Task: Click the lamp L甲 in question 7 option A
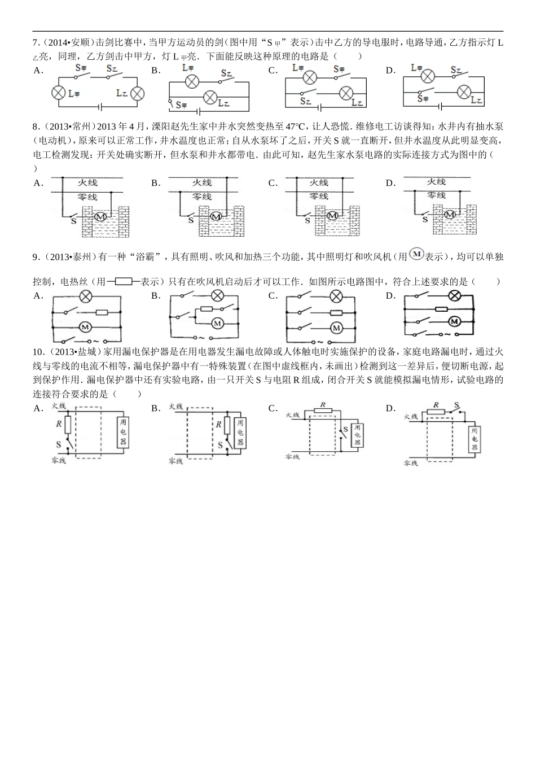point(59,93)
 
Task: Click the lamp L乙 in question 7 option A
point(137,93)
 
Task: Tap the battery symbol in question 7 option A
point(99,106)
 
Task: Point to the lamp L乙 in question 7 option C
point(346,93)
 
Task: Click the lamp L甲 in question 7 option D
point(428,76)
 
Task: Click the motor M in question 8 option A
point(100,216)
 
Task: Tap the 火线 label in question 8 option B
point(202,182)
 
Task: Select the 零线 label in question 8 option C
point(319,197)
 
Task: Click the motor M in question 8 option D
point(450,215)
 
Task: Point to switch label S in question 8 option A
point(73,221)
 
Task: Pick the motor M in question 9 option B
point(218,323)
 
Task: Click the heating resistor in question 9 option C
point(336,312)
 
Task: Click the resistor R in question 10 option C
point(323,414)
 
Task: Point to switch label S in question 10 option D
point(457,405)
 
